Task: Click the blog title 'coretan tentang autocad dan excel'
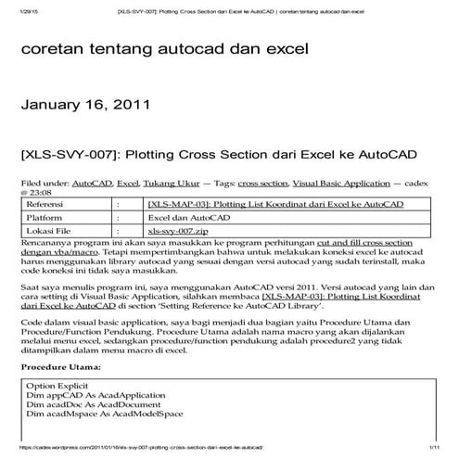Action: (164, 49)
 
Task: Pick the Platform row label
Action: (46, 216)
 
